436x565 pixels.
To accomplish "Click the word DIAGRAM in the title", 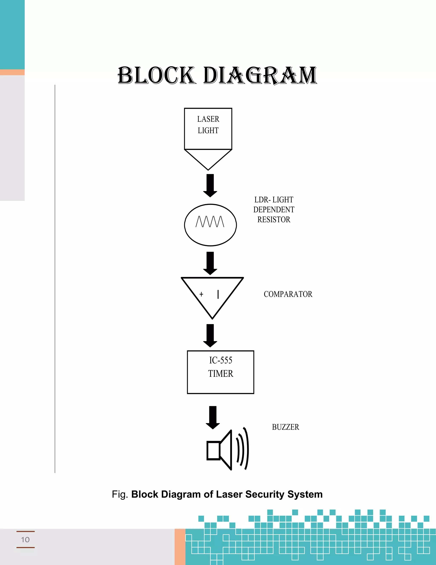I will click(x=260, y=75).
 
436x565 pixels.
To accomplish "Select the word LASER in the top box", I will click(x=208, y=119).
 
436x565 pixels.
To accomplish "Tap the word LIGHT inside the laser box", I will click(x=208, y=130).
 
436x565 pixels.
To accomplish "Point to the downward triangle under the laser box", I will click(x=208, y=158).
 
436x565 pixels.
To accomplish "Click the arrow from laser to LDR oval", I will click(x=210, y=185).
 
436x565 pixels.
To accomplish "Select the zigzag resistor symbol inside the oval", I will click(x=210, y=222).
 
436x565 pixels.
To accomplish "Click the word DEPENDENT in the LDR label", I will click(x=274, y=210).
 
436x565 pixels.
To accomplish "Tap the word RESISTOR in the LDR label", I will click(x=274, y=220).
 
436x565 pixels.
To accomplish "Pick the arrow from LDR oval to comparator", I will click(x=210, y=263).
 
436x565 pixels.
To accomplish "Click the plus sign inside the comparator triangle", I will click(x=201, y=294).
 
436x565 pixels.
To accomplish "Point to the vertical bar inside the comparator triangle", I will click(x=218, y=294).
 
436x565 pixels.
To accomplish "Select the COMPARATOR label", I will click(x=288, y=294).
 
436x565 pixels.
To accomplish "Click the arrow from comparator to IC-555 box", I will click(x=210, y=336).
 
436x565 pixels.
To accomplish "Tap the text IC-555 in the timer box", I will click(x=221, y=360).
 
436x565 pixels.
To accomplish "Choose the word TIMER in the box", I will click(x=221, y=374).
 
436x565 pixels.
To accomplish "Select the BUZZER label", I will click(x=285, y=427).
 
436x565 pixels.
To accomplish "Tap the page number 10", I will click(x=25, y=540).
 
